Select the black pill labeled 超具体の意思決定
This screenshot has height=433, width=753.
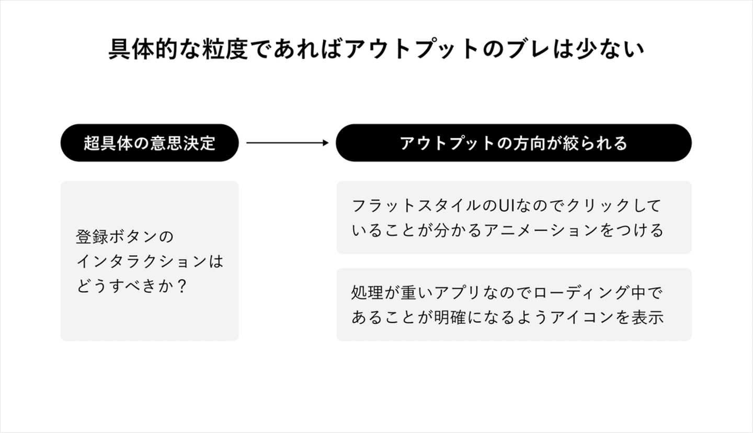click(x=150, y=143)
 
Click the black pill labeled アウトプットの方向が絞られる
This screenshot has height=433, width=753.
click(x=514, y=143)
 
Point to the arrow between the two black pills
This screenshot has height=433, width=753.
click(x=287, y=143)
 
